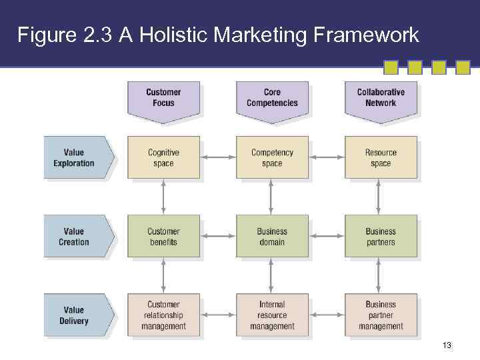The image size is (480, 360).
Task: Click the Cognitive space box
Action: pos(163,158)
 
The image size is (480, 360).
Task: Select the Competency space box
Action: pos(272,158)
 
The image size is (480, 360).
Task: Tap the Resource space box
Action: pos(381,158)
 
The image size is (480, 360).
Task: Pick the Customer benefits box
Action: pos(163,237)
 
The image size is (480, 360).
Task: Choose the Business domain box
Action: pos(272,237)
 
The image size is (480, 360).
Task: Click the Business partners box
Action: pos(381,237)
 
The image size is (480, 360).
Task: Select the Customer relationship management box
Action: pos(163,315)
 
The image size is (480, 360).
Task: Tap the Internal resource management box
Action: pos(272,315)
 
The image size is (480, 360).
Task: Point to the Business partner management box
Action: pos(381,315)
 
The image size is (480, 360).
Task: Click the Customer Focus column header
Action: pos(163,98)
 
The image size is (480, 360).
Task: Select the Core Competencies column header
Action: pos(272,98)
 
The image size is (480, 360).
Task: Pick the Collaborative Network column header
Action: pos(381,98)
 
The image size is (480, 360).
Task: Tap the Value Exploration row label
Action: pos(75,158)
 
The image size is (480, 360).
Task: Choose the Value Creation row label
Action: pos(75,237)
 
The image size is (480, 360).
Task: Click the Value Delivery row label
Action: pos(75,315)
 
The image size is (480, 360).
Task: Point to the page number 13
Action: pos(447,345)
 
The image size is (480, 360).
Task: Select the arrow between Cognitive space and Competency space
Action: pos(218,158)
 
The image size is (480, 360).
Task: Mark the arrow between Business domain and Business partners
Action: pos(327,237)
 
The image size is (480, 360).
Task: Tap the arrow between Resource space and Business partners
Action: pos(379,197)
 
